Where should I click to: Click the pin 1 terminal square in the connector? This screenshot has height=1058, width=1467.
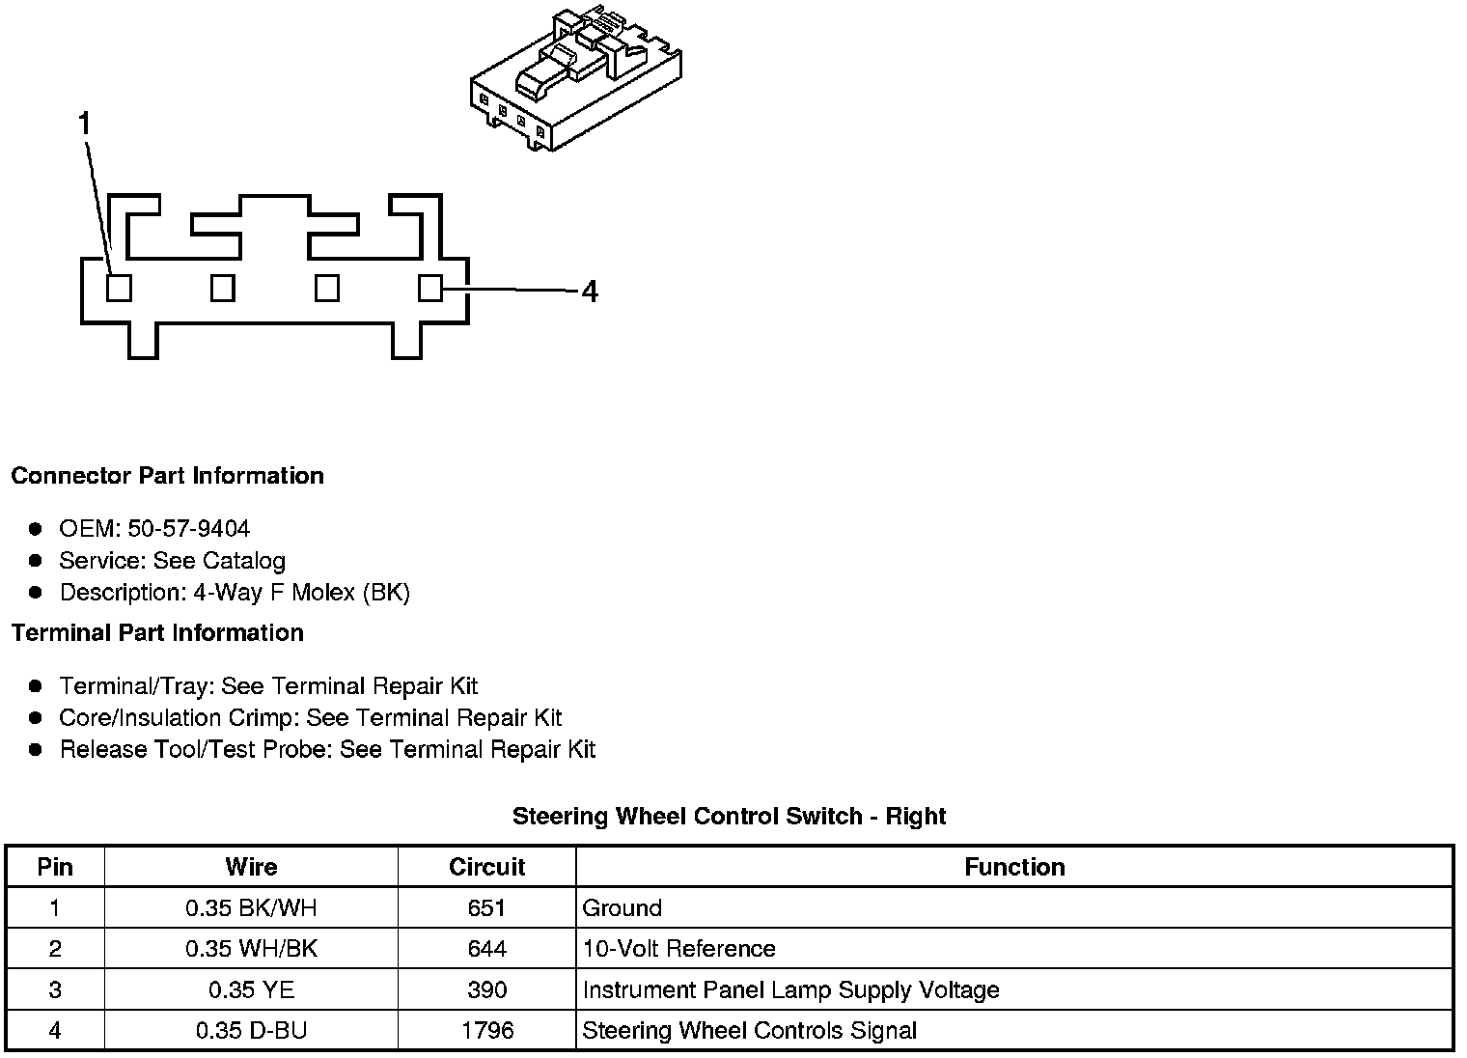[119, 288]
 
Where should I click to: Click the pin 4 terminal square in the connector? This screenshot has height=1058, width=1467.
[430, 288]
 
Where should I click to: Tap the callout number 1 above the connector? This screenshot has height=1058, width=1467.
[85, 124]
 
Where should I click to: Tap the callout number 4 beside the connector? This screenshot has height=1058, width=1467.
[590, 292]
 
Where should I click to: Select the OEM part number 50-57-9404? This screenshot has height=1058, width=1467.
[188, 529]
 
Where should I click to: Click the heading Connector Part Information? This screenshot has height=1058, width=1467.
[167, 476]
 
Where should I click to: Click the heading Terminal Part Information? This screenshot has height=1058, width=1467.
[157, 633]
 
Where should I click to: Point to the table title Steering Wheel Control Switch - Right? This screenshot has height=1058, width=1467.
[729, 817]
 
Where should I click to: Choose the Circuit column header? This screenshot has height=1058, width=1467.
[486, 867]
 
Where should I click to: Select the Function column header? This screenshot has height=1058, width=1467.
[1014, 867]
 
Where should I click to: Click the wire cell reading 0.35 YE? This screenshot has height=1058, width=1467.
[251, 990]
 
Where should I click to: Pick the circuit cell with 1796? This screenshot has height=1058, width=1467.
[487, 1031]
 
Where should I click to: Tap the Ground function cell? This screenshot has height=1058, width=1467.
[623, 908]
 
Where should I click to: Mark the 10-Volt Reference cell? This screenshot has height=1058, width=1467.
[678, 949]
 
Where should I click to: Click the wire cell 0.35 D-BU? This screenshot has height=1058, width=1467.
[251, 1031]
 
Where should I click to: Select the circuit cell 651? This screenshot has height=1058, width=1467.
[486, 908]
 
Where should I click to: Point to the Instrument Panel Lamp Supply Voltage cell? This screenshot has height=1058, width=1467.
[790, 990]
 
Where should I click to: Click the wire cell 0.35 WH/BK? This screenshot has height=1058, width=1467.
[251, 949]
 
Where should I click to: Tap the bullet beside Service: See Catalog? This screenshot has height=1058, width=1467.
[36, 560]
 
